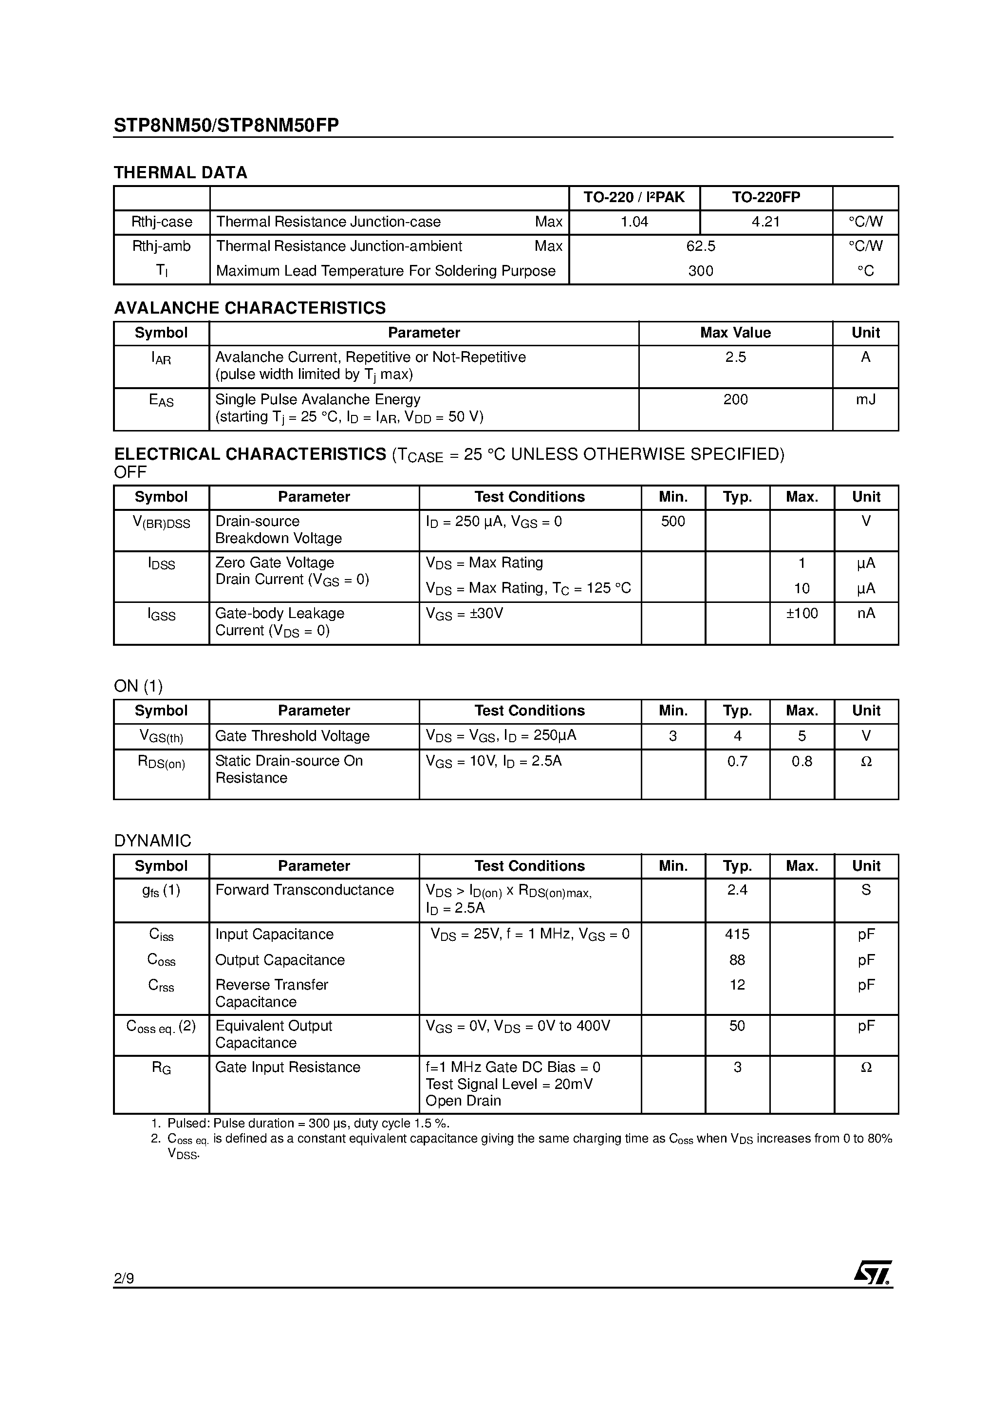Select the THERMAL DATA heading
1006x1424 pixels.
point(181,172)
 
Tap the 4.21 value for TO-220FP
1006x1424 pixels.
point(765,222)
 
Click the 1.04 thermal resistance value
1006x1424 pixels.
point(634,222)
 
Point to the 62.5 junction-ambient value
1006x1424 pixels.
point(700,246)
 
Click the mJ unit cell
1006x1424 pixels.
point(865,399)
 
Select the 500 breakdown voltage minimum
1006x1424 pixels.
point(673,522)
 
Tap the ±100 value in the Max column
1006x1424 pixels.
point(801,614)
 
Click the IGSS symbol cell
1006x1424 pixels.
point(161,614)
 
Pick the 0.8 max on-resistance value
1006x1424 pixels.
point(801,761)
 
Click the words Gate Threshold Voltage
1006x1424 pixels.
point(292,736)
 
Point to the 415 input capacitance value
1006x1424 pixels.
point(737,934)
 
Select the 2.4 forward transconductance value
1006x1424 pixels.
point(737,890)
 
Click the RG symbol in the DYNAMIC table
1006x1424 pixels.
point(161,1068)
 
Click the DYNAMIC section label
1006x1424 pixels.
point(152,841)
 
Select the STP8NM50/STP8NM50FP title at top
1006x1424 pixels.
point(226,125)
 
